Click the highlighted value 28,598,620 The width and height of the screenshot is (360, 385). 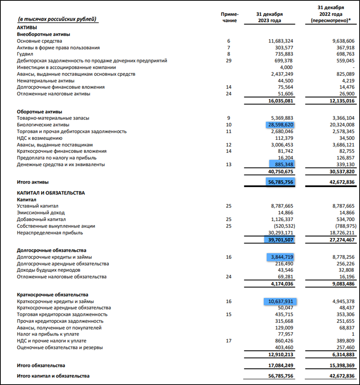tap(280, 125)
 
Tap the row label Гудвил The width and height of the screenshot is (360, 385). tap(25, 54)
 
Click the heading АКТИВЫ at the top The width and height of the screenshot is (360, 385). tap(27, 28)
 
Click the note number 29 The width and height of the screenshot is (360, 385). tap(229, 61)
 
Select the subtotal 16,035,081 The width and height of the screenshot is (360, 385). tap(278, 101)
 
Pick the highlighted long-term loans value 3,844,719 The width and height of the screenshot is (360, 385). tap(280, 257)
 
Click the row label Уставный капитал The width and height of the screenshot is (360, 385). tap(38, 206)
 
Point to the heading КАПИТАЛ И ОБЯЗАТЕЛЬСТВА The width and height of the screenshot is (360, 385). tap(51, 193)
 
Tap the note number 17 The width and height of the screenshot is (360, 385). tap(229, 341)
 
